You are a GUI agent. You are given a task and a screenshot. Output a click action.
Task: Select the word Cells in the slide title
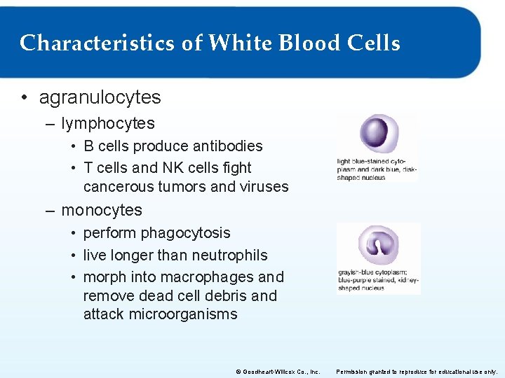(373, 43)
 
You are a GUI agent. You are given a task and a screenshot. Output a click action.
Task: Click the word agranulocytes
(100, 97)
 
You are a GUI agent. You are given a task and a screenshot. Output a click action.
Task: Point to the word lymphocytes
(108, 123)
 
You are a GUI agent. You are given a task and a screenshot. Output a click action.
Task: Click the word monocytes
(102, 210)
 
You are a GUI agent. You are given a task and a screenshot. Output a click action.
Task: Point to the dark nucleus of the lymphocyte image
(375, 132)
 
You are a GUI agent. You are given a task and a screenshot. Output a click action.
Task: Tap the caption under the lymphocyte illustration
(377, 169)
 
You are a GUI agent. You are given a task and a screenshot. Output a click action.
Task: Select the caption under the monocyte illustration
(377, 280)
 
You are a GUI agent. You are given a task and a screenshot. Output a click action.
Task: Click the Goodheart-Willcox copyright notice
(278, 371)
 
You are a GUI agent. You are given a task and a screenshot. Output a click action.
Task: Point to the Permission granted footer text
(417, 371)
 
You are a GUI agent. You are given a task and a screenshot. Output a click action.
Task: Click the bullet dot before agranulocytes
(26, 98)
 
